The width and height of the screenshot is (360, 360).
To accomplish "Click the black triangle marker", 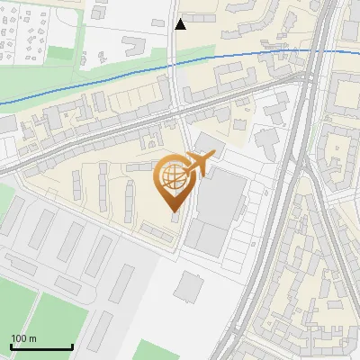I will point(180,24).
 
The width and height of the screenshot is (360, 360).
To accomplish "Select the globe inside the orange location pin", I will point(171,175).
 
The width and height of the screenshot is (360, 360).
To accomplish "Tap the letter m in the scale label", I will point(33,338).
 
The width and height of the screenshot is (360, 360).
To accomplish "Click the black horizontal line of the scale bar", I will point(41,347).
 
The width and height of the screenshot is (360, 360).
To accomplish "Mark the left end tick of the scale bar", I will point(11,346).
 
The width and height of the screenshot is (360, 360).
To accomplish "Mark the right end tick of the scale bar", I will point(72,346).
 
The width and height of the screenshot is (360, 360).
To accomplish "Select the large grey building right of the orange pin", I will point(221,198).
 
